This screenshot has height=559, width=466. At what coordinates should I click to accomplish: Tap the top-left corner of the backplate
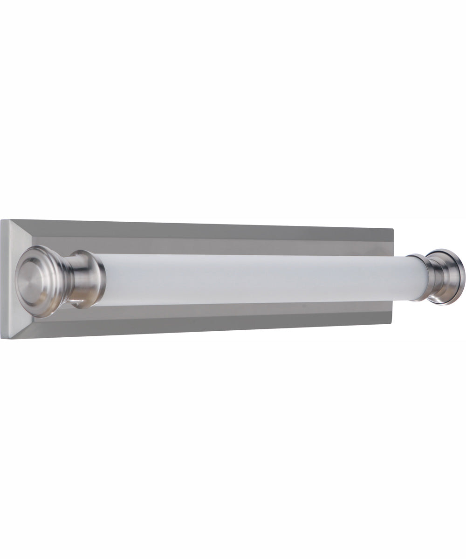(x=1, y=220)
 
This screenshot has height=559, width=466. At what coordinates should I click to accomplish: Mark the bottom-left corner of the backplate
(x=1, y=338)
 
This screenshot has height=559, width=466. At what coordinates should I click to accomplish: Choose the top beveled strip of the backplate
(x=210, y=231)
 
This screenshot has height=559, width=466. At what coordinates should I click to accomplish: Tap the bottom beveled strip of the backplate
(x=210, y=326)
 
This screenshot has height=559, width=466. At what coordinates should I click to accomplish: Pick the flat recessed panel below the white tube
(x=233, y=311)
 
